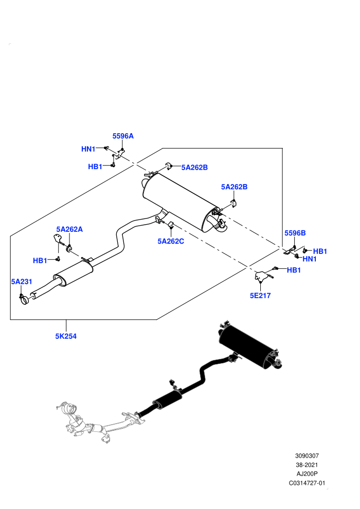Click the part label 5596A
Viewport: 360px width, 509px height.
(123, 136)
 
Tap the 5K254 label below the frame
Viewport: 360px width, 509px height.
(66, 336)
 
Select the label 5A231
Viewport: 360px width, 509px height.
(22, 281)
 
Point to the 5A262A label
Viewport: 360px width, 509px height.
(69, 229)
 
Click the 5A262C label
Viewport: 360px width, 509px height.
(171, 241)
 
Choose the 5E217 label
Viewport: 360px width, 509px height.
(260, 296)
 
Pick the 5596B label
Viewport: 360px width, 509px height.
(295, 233)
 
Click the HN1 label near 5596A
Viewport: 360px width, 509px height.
(88, 149)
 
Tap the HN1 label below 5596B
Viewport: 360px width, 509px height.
(310, 259)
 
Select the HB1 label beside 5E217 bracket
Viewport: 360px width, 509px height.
(294, 270)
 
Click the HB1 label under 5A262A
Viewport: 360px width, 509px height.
(40, 260)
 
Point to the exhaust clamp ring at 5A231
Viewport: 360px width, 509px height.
(24, 300)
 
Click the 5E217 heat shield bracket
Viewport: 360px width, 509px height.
(262, 276)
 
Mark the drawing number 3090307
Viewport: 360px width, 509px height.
(307, 456)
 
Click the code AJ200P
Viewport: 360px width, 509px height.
(307, 474)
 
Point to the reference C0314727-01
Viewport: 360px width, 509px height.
(307, 483)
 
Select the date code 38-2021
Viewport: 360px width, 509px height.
(307, 465)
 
